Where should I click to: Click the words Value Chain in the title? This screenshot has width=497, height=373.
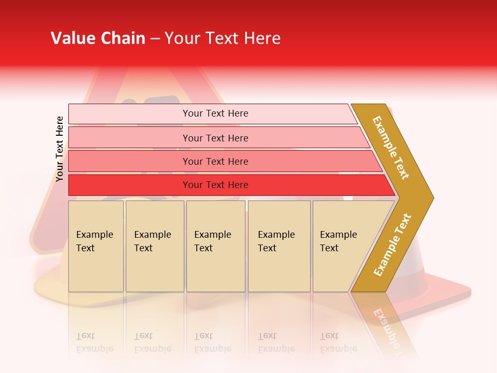[98, 38]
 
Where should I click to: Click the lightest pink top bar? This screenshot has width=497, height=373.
[129, 114]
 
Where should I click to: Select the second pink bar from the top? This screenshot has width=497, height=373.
[129, 138]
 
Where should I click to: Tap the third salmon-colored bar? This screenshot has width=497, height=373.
[129, 162]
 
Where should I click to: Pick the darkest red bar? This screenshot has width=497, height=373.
[129, 185]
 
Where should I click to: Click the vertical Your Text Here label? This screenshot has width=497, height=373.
[60, 149]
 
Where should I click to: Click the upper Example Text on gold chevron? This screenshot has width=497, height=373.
[391, 148]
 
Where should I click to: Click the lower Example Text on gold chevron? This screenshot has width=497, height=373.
[392, 245]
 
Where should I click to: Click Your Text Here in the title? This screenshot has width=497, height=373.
[223, 38]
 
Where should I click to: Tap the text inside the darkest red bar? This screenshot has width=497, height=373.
[215, 185]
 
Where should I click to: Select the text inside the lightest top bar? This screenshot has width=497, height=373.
[215, 113]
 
